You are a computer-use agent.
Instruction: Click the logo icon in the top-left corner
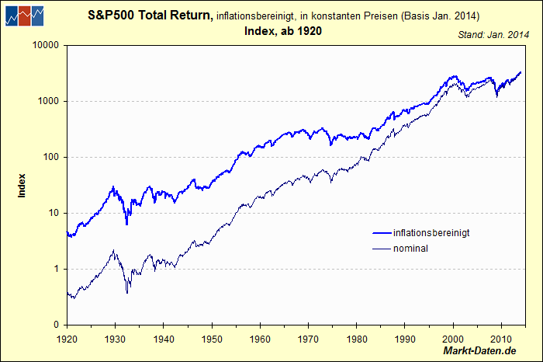23,15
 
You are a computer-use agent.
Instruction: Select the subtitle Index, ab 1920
282,31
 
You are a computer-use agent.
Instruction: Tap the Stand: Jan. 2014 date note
493,35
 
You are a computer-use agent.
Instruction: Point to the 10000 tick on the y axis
46,45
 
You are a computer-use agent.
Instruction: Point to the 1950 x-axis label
211,339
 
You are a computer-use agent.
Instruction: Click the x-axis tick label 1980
356,339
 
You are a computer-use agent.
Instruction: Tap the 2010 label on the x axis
500,339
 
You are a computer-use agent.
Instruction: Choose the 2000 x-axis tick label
452,339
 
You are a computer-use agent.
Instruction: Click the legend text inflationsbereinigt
431,233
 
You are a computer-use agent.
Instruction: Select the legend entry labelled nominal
411,249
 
